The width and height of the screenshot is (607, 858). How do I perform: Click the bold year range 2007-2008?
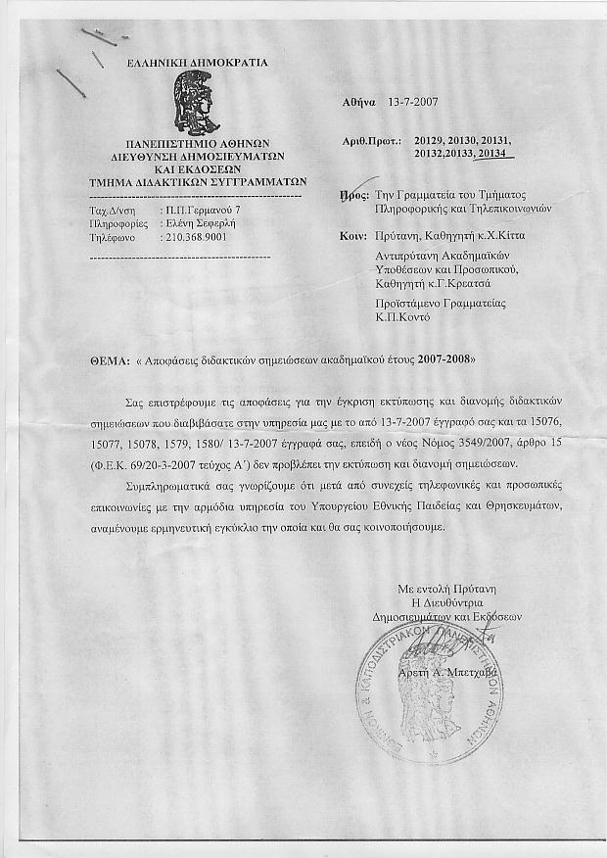coord(444,360)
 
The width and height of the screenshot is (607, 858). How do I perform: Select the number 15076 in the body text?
coord(585,418)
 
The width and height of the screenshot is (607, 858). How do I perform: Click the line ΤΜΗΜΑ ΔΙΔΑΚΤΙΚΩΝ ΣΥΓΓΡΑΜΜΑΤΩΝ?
coord(198,181)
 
